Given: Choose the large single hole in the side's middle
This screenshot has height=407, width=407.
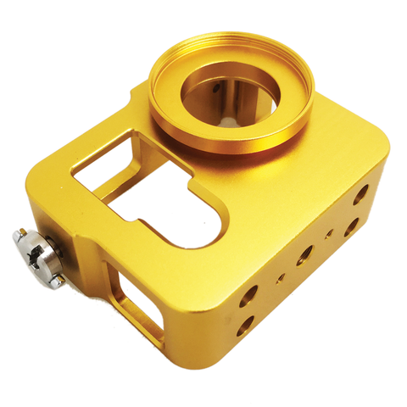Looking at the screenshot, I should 304,252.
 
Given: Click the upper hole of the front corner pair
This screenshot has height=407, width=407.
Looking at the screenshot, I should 248,295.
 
